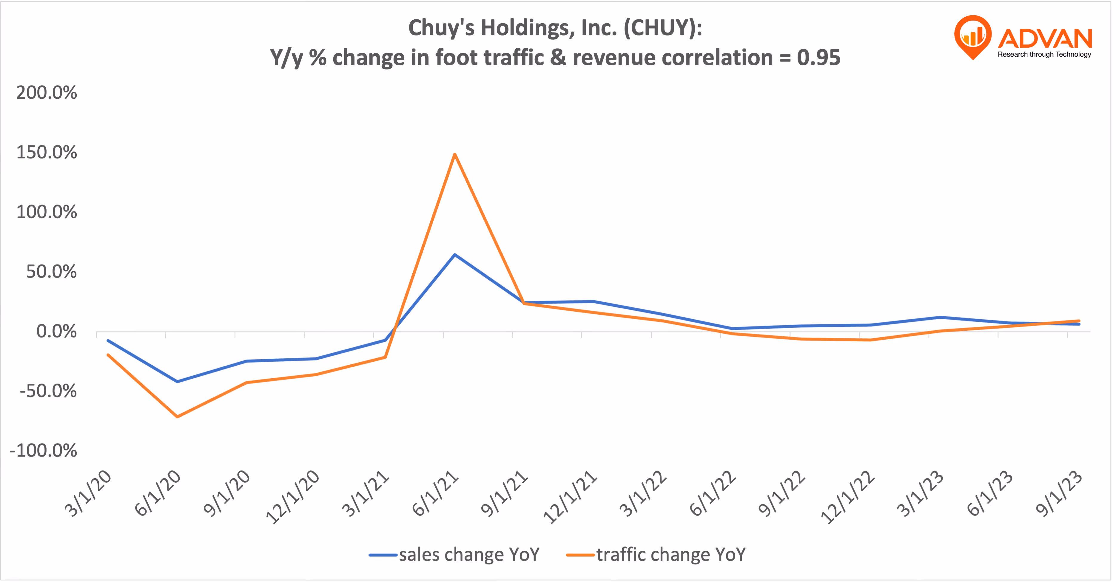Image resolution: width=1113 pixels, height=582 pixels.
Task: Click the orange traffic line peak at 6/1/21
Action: coord(454,154)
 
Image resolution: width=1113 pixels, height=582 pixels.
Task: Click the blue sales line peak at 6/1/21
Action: coord(454,255)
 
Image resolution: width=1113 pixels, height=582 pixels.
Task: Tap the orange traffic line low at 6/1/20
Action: coord(177,417)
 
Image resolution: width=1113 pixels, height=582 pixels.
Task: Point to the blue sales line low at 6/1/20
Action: coord(177,382)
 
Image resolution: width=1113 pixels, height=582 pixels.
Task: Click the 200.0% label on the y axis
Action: coord(47,93)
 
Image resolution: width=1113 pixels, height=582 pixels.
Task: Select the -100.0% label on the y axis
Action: coord(43,451)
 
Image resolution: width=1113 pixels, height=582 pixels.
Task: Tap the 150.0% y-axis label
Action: coord(47,152)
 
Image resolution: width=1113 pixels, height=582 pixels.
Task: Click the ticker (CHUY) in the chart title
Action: coord(663,28)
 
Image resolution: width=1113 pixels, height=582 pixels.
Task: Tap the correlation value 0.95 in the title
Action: coord(819,58)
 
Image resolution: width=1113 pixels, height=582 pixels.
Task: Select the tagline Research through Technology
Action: coord(1044,54)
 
